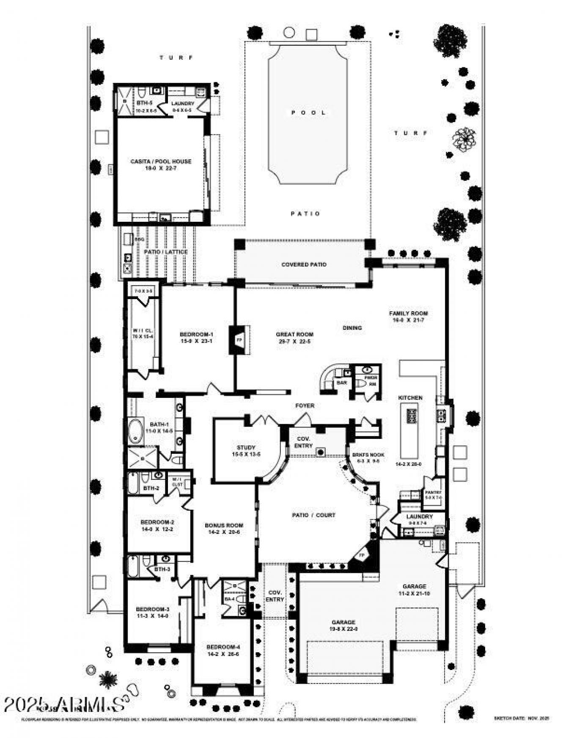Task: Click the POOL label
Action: tap(308, 113)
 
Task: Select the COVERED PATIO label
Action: tap(304, 264)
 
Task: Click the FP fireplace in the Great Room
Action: tap(239, 340)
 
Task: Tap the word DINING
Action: tap(352, 328)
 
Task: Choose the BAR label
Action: tap(342, 383)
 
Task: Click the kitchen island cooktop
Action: tap(411, 416)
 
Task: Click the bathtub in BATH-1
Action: tap(136, 431)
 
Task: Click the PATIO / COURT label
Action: tap(313, 515)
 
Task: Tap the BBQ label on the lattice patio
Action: tap(139, 240)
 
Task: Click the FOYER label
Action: tap(305, 406)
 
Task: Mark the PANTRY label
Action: tap(434, 493)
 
